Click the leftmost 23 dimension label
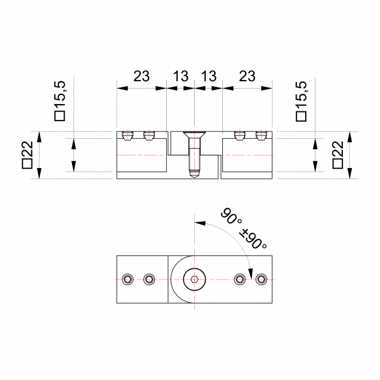[x=141, y=77]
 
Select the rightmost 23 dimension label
[x=247, y=77]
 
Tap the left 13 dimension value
[x=180, y=77]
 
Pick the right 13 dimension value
[x=209, y=77]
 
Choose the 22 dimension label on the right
[x=337, y=155]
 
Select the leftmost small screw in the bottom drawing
[x=127, y=279]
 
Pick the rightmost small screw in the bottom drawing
[x=262, y=279]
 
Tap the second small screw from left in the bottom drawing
[x=150, y=279]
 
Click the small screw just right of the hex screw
[x=239, y=279]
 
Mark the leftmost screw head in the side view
[x=127, y=135]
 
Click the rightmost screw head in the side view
[x=262, y=135]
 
